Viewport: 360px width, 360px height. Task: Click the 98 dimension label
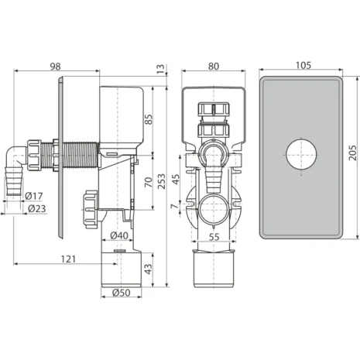[55, 67]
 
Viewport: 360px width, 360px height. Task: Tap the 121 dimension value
[68, 259]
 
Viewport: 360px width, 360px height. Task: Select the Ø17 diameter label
[34, 196]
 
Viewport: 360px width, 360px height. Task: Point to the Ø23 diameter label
[36, 208]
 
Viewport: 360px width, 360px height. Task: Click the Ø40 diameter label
[119, 235]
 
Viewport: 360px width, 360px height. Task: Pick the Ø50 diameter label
[122, 293]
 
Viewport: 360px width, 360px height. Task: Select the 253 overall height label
[161, 181]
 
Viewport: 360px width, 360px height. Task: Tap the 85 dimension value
[149, 119]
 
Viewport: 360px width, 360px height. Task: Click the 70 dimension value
[149, 182]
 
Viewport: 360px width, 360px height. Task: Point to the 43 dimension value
[149, 269]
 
